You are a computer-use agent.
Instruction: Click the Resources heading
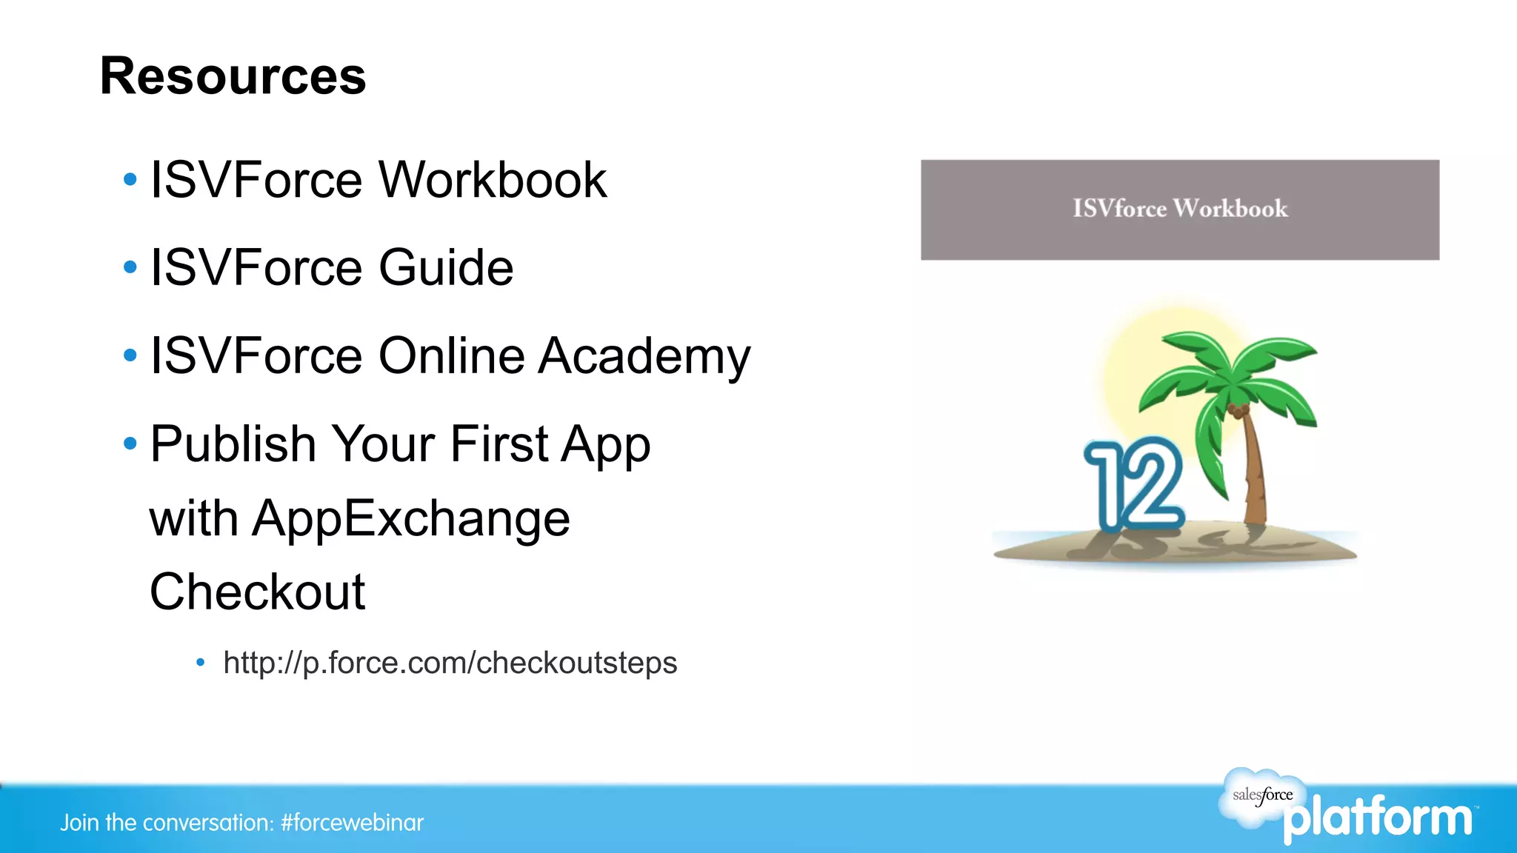233,76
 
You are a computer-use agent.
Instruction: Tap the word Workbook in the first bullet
493,180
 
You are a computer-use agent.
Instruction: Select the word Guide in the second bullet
446,267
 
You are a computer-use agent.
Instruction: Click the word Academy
644,356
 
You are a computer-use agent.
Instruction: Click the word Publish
233,444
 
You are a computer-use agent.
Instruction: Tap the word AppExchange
411,518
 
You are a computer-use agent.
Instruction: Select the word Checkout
257,592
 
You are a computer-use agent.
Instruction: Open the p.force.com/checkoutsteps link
450,663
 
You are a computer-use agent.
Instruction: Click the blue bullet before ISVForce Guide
130,267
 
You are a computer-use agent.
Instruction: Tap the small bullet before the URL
200,663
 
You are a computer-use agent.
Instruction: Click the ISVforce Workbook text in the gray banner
1180,209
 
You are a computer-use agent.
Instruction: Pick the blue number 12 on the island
1133,485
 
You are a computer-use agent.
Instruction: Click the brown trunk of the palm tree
1254,474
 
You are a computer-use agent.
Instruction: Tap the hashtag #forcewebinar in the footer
353,823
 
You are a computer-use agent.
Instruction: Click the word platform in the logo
1378,819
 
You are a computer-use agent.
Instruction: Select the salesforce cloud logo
1261,797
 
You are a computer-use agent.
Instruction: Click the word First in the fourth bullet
498,444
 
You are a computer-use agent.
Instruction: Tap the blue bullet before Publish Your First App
130,444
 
